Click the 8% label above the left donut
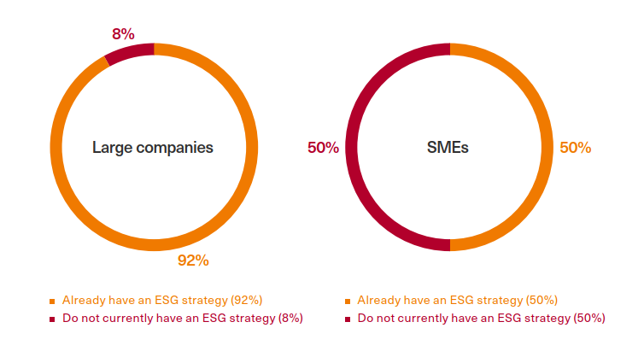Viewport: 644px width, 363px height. click(123, 34)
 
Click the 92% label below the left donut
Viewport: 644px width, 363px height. click(193, 261)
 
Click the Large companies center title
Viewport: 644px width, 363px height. click(153, 148)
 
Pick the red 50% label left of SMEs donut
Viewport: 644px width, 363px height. click(323, 148)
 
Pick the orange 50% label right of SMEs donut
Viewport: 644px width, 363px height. click(575, 148)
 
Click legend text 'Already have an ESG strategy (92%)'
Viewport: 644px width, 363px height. click(161, 301)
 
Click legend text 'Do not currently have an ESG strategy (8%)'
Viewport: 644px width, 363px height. click(183, 319)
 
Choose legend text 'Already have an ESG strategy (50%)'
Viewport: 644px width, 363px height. click(457, 301)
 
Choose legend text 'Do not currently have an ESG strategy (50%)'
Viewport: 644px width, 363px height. click(481, 319)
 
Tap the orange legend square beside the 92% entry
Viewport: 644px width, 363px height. click(51, 302)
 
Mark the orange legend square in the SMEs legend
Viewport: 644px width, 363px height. click(347, 302)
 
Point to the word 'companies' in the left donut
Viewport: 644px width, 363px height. click(173, 148)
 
